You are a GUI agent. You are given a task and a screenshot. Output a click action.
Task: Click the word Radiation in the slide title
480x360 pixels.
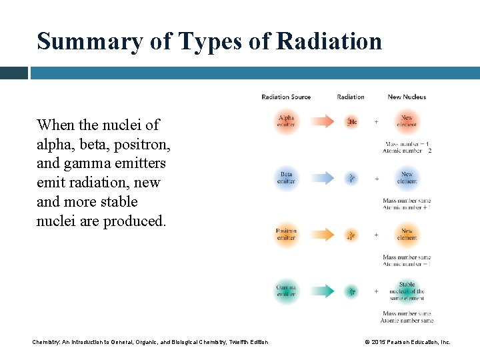click(x=329, y=41)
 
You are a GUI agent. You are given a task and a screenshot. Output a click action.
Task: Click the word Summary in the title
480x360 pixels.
click(x=89, y=41)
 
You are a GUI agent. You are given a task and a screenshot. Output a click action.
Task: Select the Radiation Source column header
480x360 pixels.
click(x=286, y=97)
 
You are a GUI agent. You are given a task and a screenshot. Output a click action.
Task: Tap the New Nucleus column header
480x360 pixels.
click(x=407, y=97)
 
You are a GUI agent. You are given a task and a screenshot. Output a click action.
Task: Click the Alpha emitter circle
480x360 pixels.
click(x=286, y=121)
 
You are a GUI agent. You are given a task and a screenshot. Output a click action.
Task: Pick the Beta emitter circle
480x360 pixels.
click(x=286, y=178)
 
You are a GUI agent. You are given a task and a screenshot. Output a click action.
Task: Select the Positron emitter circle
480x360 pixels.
click(x=286, y=235)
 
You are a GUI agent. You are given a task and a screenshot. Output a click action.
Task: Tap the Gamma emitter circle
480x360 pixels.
click(x=286, y=291)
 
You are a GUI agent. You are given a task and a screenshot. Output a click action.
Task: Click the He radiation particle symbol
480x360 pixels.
click(x=351, y=121)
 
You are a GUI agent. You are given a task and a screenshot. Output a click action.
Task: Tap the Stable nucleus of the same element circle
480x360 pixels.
click(x=407, y=291)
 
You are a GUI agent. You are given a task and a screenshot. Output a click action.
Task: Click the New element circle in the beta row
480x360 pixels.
click(x=407, y=178)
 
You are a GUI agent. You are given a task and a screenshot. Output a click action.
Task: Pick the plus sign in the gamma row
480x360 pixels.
click(x=376, y=291)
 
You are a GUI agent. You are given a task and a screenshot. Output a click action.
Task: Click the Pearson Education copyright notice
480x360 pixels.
click(x=407, y=342)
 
